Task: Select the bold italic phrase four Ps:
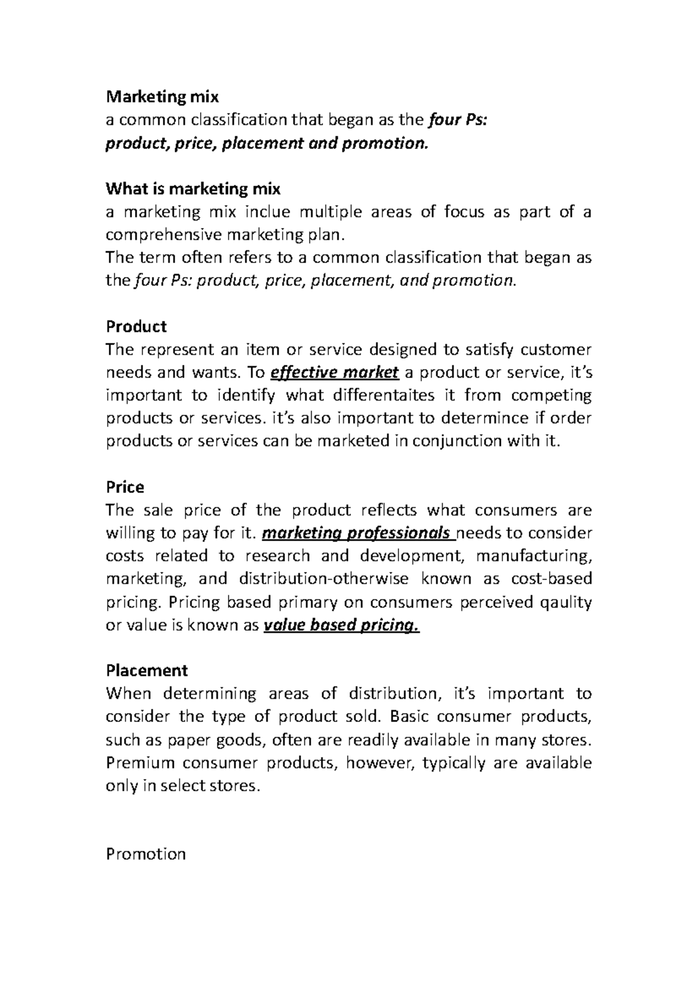click(x=460, y=120)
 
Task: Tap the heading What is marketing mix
click(x=193, y=189)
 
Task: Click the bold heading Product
click(x=136, y=326)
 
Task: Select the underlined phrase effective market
click(x=335, y=372)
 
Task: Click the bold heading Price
click(x=124, y=487)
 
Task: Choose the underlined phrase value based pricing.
click(x=341, y=626)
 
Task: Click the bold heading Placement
click(x=147, y=671)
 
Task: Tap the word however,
click(x=378, y=763)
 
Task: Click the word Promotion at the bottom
click(x=146, y=854)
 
